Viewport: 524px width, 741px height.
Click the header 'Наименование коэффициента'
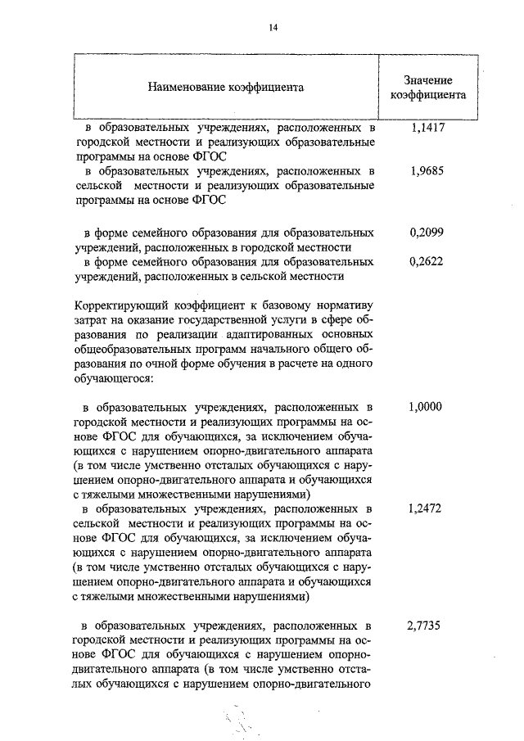pyautogui.click(x=225, y=86)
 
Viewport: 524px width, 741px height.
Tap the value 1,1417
pyautogui.click(x=425, y=129)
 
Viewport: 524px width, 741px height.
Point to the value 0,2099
pyautogui.click(x=425, y=233)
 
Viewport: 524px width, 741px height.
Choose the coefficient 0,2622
pyautogui.click(x=425, y=262)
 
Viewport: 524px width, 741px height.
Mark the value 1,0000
pyautogui.click(x=425, y=407)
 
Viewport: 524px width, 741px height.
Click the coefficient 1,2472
pyautogui.click(x=425, y=508)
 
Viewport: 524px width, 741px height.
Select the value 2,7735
pyautogui.click(x=425, y=626)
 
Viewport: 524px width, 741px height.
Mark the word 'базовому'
pyautogui.click(x=278, y=306)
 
